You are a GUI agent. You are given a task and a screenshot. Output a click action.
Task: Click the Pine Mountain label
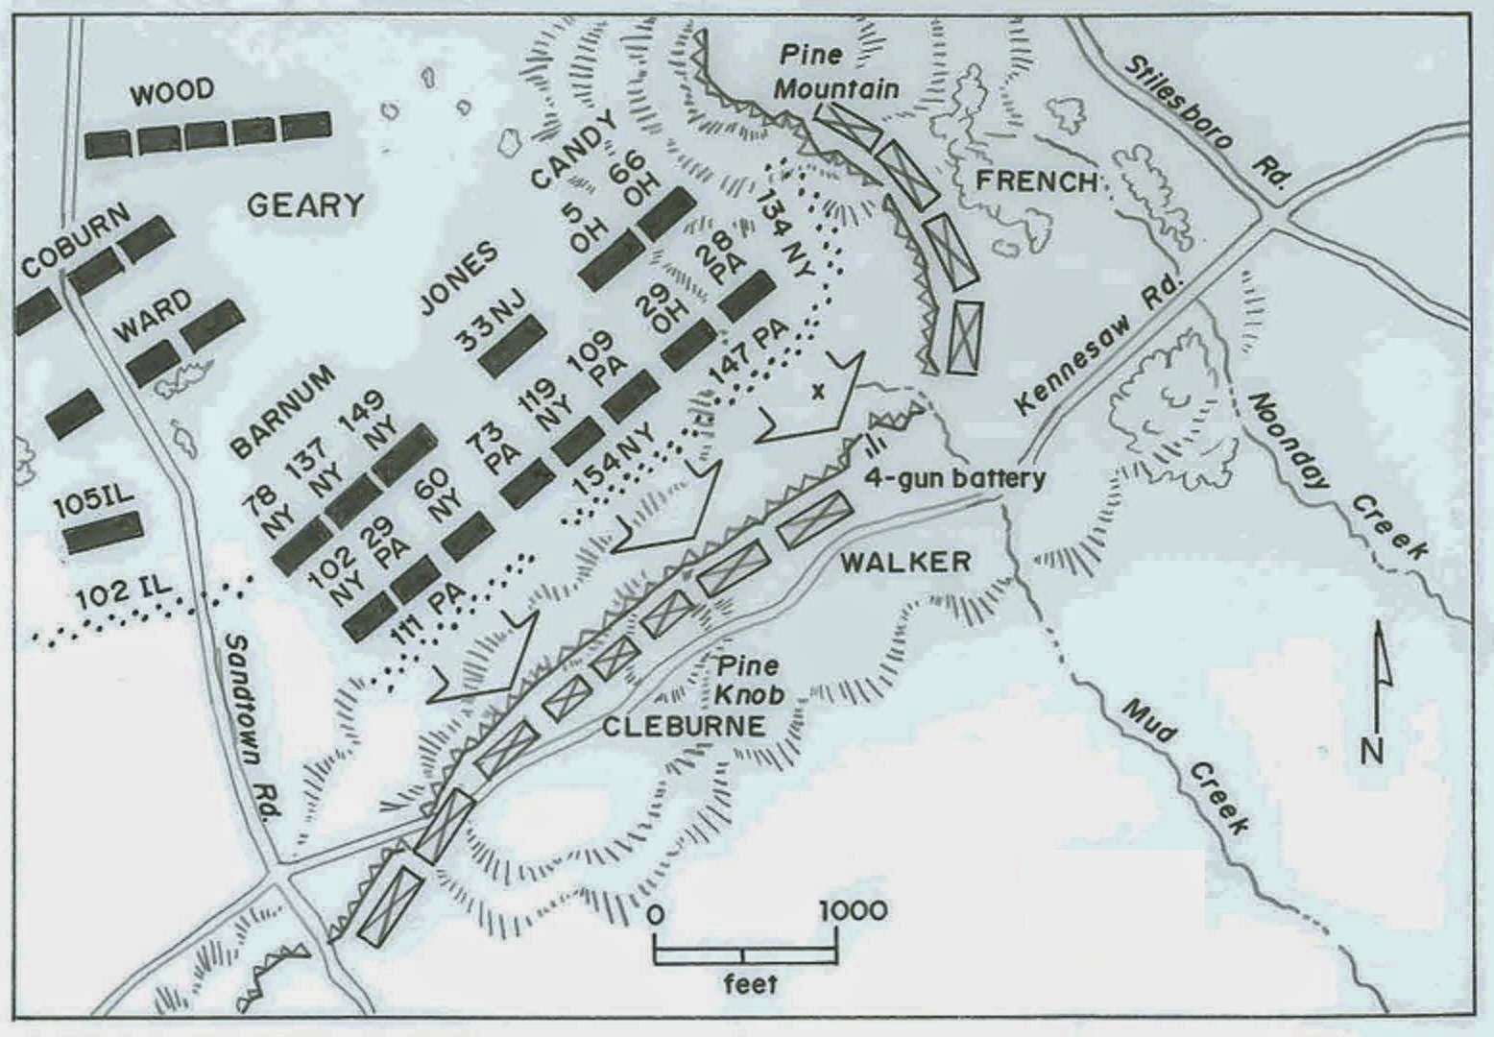tap(837, 72)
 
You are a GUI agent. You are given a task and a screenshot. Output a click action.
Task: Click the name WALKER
tap(905, 562)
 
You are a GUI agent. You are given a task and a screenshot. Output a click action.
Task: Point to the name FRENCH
tap(1036, 181)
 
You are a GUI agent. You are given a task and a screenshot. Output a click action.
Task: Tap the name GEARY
tap(304, 205)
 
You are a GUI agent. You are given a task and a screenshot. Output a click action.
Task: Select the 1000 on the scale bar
tap(854, 910)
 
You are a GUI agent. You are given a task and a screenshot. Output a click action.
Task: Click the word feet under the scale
tap(750, 982)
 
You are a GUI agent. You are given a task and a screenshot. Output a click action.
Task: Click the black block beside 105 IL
tap(104, 532)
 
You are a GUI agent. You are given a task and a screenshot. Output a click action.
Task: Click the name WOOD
tap(172, 92)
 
